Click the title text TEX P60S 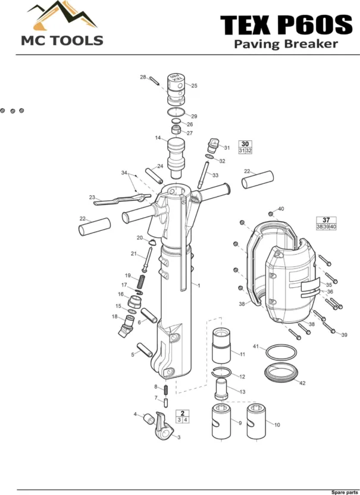(286, 26)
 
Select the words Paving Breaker (286, 44)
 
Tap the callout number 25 (194, 86)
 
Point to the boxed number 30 (245, 143)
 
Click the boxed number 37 (326, 220)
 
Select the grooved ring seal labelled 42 (280, 373)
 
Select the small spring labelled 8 (167, 390)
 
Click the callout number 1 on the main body (199, 286)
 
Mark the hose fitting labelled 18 (126, 325)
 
